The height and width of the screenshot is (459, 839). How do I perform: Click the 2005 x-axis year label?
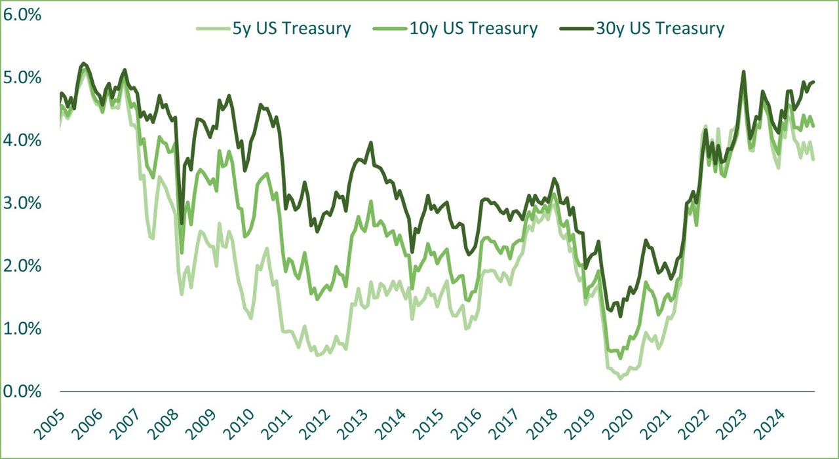50,422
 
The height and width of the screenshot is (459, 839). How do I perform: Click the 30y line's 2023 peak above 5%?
743,72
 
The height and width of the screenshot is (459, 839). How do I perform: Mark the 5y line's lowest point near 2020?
620,378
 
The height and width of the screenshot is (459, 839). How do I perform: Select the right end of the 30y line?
813,82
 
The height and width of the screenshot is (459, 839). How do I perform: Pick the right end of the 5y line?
813,159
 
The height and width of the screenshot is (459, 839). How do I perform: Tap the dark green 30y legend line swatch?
574,28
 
